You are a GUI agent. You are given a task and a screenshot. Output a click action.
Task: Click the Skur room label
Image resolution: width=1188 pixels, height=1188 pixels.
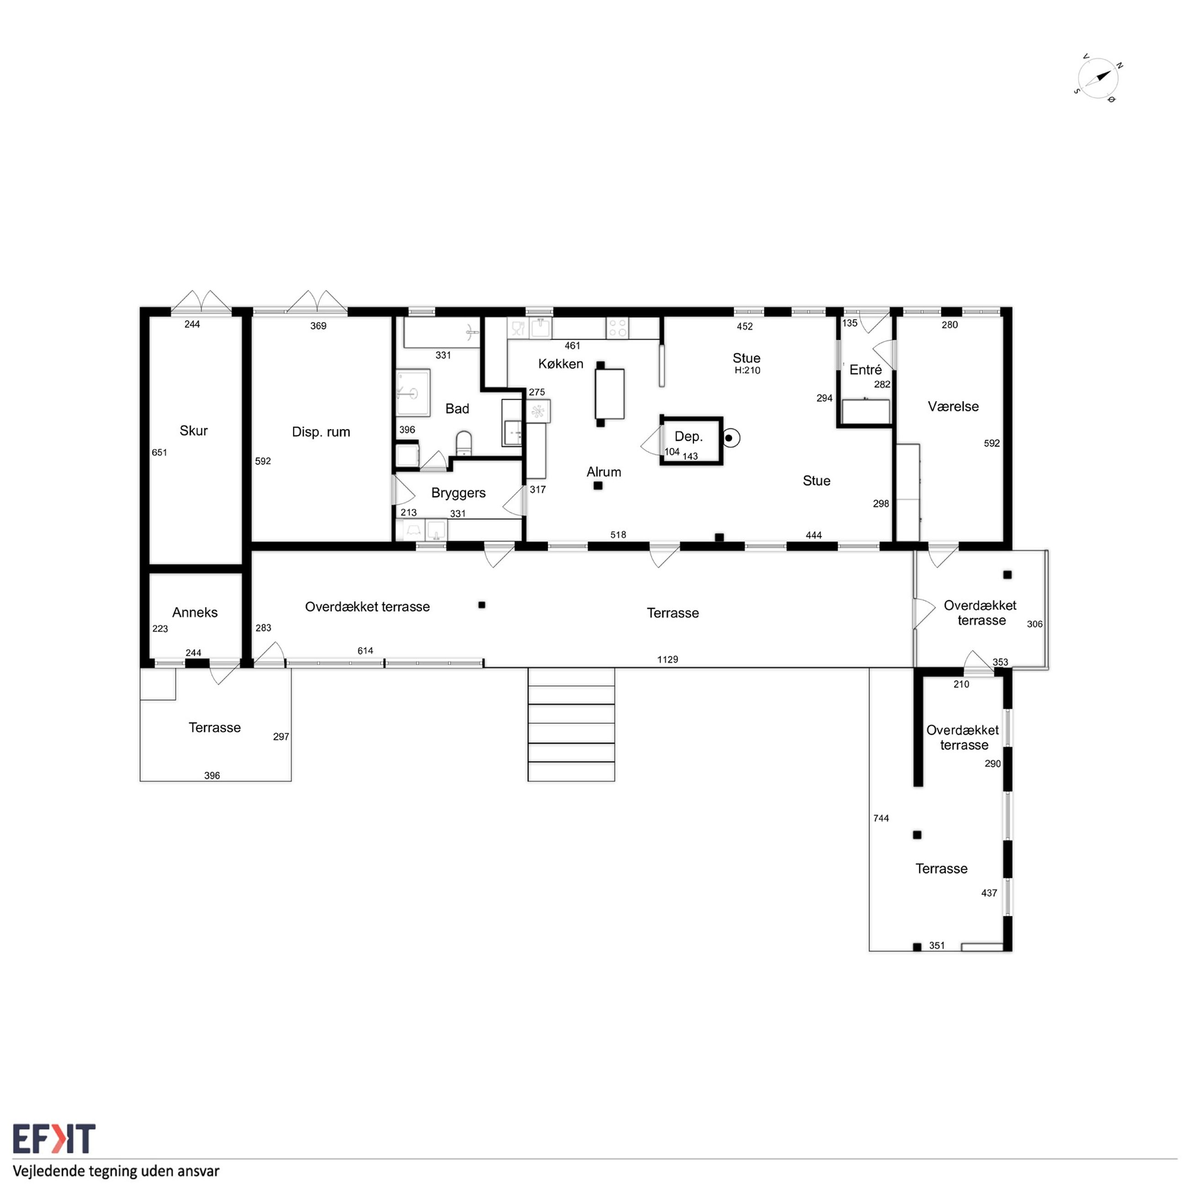tap(193, 430)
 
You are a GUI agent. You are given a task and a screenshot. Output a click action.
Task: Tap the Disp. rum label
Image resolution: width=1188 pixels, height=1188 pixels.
tap(321, 432)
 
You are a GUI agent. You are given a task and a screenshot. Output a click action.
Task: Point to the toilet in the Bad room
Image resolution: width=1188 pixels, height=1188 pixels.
tap(464, 443)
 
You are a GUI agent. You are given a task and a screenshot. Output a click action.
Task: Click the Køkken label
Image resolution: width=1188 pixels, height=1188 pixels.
tap(560, 363)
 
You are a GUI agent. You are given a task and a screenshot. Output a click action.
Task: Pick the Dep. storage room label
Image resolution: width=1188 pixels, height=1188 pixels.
tap(688, 436)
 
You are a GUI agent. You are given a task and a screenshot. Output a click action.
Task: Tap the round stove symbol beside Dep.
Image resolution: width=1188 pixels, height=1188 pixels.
tap(730, 438)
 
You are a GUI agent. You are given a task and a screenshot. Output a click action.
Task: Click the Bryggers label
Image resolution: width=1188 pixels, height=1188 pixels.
tap(458, 493)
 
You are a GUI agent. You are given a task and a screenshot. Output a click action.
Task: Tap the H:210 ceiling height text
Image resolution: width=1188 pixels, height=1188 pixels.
tap(747, 370)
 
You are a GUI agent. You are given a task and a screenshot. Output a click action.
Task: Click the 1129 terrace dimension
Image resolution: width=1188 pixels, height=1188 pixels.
tap(667, 660)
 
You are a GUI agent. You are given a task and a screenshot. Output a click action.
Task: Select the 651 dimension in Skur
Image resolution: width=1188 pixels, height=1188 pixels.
tap(159, 452)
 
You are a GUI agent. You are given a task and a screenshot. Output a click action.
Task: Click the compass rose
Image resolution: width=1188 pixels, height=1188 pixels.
tap(1098, 79)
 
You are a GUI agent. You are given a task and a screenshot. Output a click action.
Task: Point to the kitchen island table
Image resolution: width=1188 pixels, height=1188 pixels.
tap(610, 393)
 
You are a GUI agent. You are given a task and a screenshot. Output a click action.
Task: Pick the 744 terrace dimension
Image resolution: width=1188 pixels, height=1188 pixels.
tap(880, 818)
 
